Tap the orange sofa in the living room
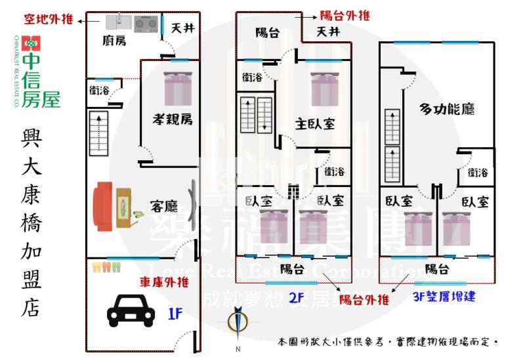click(x=104, y=207)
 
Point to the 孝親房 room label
click(x=173, y=119)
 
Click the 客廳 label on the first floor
click(x=163, y=206)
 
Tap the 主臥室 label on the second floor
click(x=316, y=123)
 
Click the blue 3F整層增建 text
click(x=446, y=297)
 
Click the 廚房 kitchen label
click(x=114, y=41)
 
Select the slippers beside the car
click(x=106, y=267)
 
